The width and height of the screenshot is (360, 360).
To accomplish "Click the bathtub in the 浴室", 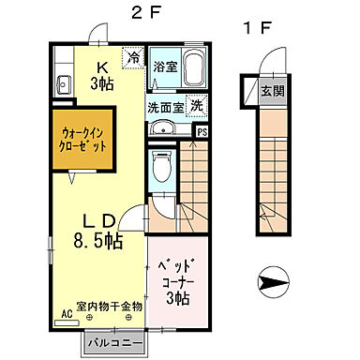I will coord(194,69).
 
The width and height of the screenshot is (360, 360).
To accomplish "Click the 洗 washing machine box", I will coord(196,106).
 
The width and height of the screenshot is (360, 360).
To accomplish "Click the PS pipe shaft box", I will coord(200,132).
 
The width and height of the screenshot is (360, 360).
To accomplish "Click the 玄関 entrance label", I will coord(272,91).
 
